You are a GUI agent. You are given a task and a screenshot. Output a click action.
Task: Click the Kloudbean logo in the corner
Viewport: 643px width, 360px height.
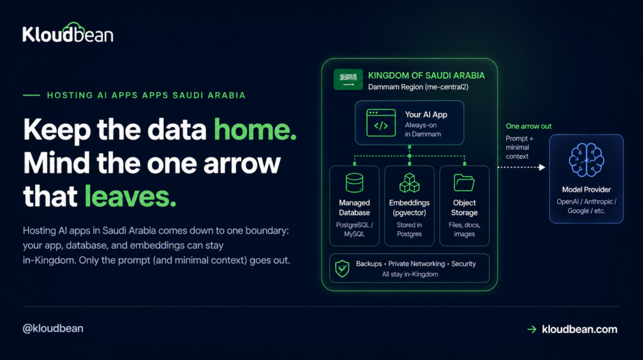pyautogui.click(x=68, y=33)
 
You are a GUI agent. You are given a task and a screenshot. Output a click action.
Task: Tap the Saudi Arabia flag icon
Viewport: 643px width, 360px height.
pyautogui.click(x=348, y=79)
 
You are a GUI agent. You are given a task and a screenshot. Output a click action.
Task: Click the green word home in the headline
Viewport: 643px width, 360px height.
pyautogui.click(x=255, y=129)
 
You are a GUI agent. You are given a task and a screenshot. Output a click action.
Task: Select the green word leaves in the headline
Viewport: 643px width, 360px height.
pyautogui.click(x=130, y=196)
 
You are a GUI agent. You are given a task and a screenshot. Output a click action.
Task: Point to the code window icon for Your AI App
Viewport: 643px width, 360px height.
pyautogui.click(x=381, y=123)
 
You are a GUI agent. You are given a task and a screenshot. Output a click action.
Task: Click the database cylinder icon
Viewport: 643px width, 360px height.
pyautogui.click(x=354, y=183)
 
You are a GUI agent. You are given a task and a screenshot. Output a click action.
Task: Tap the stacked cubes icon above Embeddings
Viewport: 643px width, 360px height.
pyautogui.click(x=409, y=183)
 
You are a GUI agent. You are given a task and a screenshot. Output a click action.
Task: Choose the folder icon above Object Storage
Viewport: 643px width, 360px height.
pyautogui.click(x=464, y=183)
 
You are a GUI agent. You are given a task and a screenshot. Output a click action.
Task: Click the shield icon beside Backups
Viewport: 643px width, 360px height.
pyautogui.click(x=342, y=269)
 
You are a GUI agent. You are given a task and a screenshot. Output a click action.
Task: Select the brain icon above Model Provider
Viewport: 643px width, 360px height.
pyautogui.click(x=586, y=160)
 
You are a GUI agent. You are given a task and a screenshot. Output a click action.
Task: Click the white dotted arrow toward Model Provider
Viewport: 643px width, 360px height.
pyautogui.click(x=521, y=167)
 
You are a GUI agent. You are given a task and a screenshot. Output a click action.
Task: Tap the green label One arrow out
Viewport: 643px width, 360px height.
pyautogui.click(x=528, y=126)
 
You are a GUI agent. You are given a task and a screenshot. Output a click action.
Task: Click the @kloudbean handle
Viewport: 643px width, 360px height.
pyautogui.click(x=53, y=329)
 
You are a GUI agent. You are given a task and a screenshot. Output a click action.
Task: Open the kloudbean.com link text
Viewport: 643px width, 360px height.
pyautogui.click(x=580, y=329)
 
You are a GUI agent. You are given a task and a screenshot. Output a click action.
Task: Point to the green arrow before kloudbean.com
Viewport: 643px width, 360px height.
pyautogui.click(x=532, y=329)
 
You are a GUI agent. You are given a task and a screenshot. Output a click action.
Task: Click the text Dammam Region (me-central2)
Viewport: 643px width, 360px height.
pyautogui.click(x=418, y=87)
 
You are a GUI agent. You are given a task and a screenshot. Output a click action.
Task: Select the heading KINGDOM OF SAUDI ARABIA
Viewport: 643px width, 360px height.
pyautogui.click(x=426, y=75)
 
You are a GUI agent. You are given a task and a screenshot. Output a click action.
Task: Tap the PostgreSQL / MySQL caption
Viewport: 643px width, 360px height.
pyautogui.click(x=354, y=229)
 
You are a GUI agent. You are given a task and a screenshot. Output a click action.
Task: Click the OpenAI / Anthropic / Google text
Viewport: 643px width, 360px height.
pyautogui.click(x=586, y=206)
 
